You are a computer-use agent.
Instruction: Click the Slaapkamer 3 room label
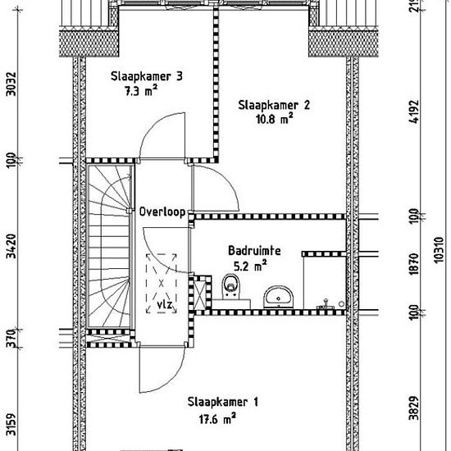(147, 76)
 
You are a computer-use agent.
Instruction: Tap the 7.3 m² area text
(141, 91)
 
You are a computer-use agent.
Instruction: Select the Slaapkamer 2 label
(274, 105)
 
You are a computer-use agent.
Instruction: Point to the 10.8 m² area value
(275, 119)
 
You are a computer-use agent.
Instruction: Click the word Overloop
(162, 212)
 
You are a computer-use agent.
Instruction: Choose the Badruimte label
(254, 251)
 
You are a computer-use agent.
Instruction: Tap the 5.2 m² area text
(250, 266)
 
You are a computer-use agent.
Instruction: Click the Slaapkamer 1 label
(223, 402)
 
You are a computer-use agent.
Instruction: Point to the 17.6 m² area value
(217, 419)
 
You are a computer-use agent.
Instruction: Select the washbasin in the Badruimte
(279, 296)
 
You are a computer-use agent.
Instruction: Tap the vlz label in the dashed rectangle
(165, 304)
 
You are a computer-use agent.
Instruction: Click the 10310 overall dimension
(439, 249)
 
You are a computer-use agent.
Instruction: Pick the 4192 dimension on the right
(413, 112)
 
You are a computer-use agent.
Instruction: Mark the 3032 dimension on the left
(11, 84)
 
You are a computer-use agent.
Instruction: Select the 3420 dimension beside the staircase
(11, 246)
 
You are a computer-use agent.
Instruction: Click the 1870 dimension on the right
(413, 264)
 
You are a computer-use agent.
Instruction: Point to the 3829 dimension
(413, 408)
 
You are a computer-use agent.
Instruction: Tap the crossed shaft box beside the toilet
(200, 293)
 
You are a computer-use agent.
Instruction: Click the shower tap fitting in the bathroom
(326, 304)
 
